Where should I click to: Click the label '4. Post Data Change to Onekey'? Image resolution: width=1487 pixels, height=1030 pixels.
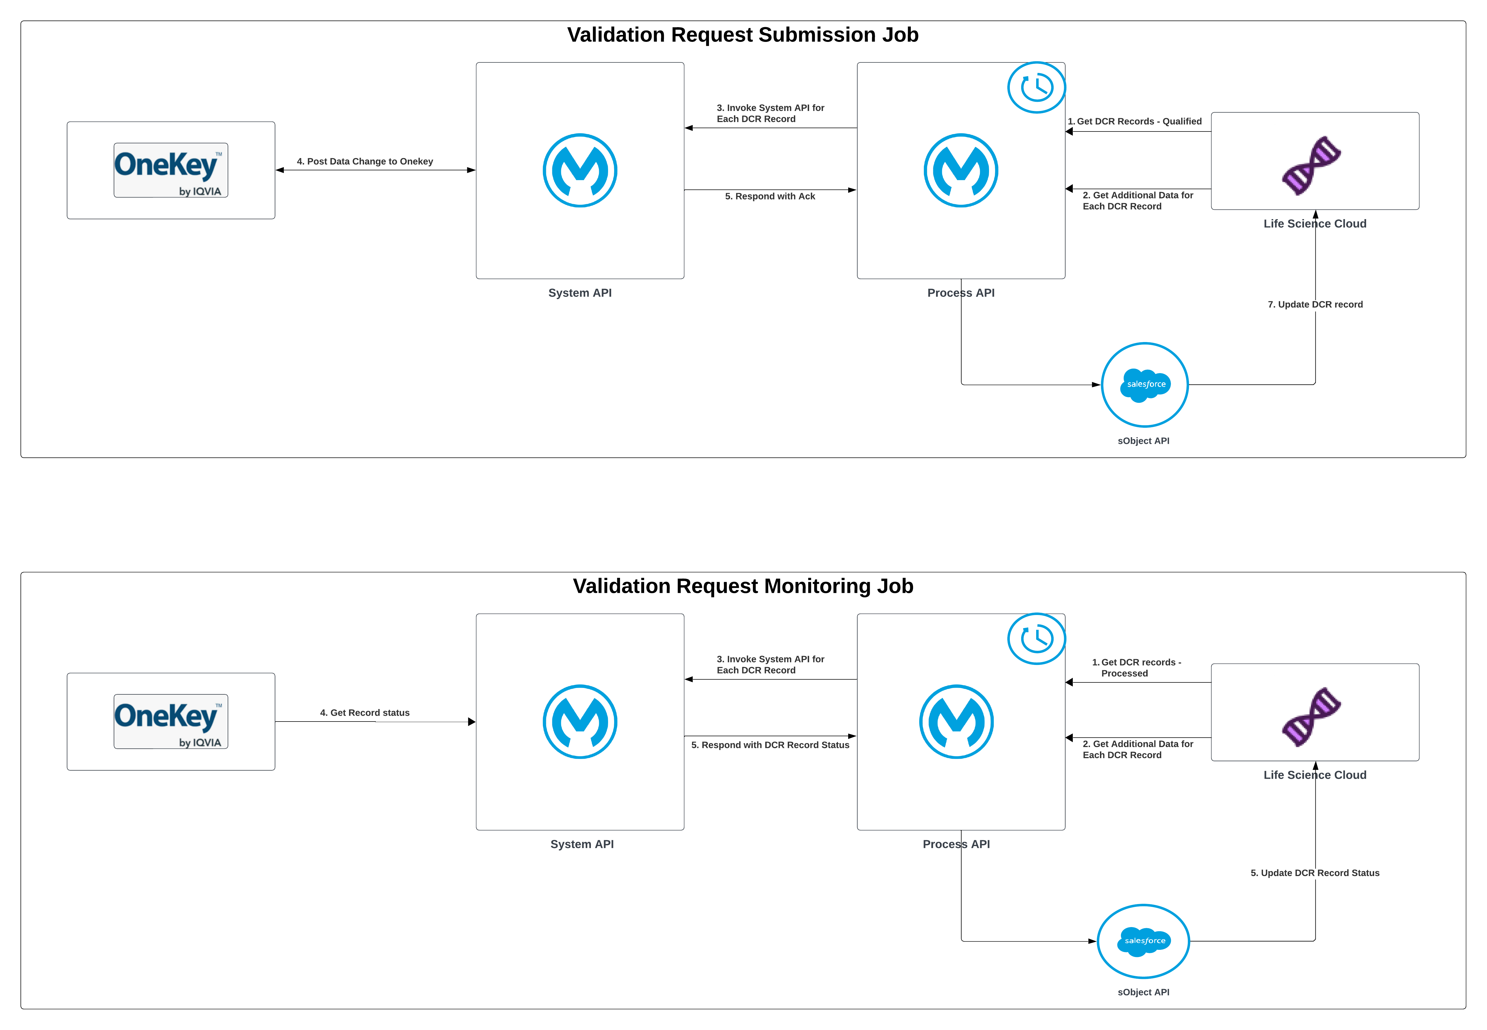[x=365, y=161]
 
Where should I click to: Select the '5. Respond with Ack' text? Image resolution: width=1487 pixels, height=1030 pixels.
[x=770, y=196]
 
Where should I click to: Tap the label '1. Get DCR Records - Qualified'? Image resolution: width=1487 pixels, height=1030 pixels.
[x=1134, y=121]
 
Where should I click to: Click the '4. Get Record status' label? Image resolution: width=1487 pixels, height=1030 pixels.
[x=365, y=712]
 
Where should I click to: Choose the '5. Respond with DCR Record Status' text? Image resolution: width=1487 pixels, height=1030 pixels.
[x=770, y=745]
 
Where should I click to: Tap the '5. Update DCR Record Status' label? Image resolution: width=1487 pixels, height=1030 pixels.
[x=1315, y=872]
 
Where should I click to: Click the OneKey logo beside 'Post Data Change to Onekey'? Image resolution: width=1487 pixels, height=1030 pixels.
[x=171, y=170]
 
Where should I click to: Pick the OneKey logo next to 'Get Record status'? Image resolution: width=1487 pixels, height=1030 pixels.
[x=171, y=721]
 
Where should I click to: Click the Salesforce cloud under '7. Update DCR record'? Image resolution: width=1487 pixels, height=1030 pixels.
[x=1145, y=385]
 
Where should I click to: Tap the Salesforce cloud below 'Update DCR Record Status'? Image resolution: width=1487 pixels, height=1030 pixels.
[x=1143, y=941]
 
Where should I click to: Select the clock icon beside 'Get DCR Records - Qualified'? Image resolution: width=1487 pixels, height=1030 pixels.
[x=1036, y=87]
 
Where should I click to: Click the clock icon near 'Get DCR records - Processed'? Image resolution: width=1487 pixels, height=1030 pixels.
[x=1036, y=638]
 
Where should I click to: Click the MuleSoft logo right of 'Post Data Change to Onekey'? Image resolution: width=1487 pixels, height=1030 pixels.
[x=580, y=170]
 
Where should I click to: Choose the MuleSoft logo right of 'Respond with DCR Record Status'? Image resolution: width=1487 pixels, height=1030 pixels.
[x=956, y=722]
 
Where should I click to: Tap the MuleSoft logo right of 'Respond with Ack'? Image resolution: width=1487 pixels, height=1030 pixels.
[x=960, y=170]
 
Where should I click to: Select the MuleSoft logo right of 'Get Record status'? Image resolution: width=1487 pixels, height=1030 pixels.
[x=580, y=722]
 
